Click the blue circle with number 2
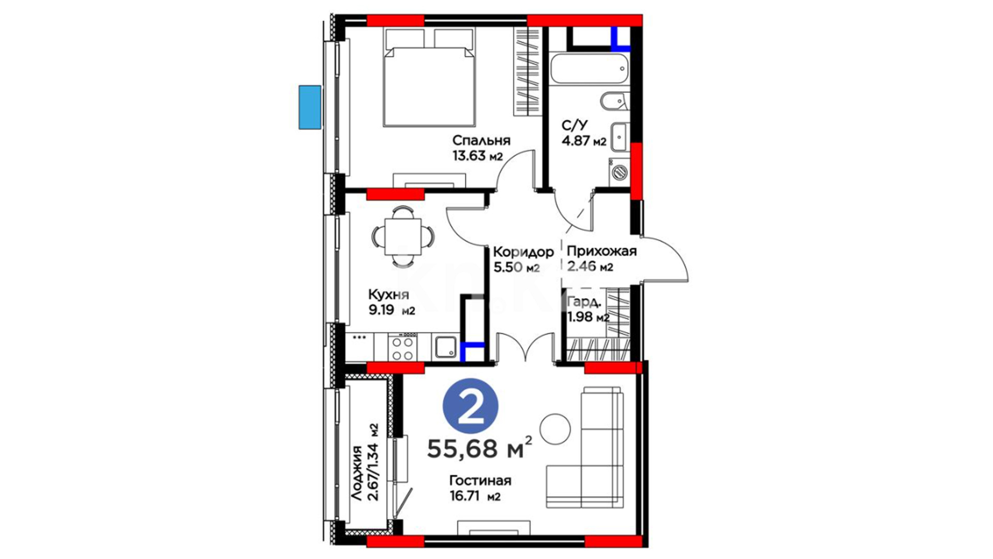click(471, 407)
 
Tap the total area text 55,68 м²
click(480, 448)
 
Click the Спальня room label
click(481, 140)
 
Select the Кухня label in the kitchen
click(388, 295)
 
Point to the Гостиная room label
click(480, 481)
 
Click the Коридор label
click(523, 252)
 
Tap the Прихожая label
click(601, 252)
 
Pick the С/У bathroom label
click(575, 125)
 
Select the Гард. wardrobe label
click(584, 302)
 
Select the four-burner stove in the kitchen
click(402, 348)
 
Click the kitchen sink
click(445, 347)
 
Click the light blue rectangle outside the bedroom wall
click(310, 107)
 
